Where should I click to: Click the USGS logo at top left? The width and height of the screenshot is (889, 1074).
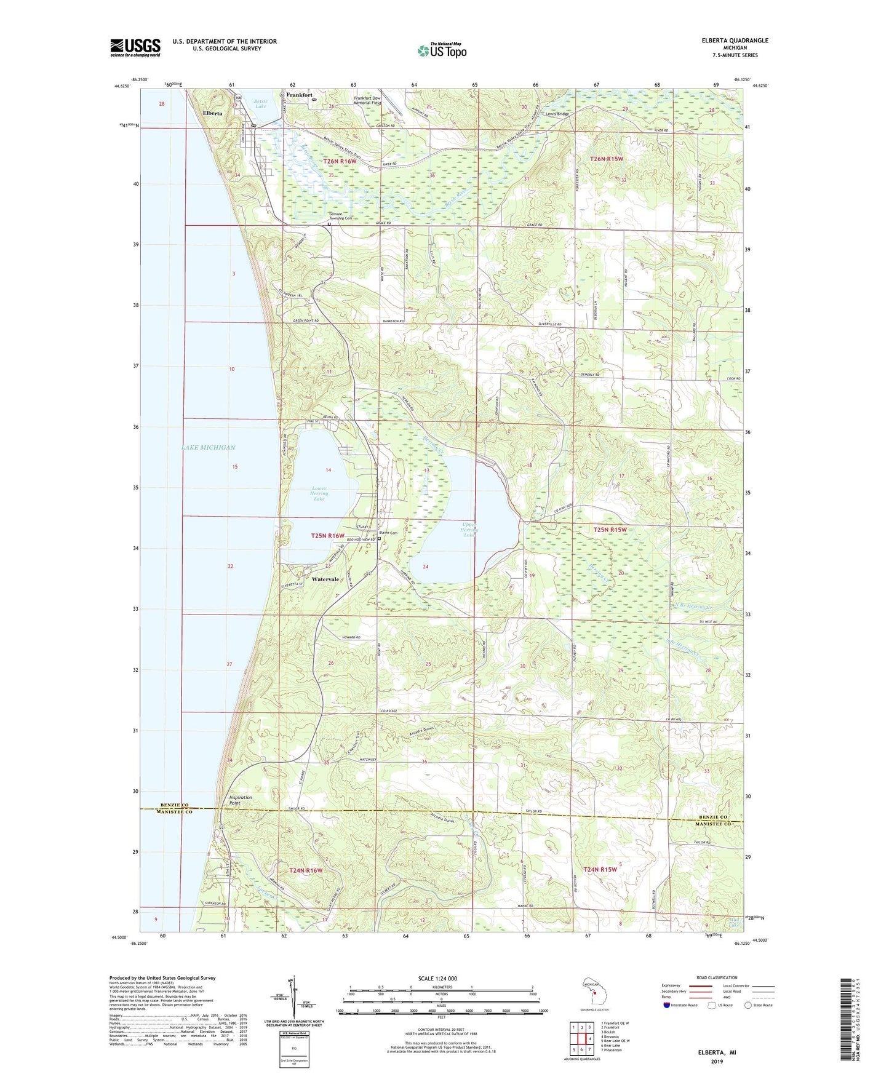[x=135, y=47]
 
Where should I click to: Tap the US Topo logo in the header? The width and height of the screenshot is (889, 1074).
[x=442, y=50]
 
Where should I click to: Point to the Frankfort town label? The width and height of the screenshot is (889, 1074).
[x=300, y=95]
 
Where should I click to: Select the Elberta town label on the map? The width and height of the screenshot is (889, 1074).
[x=213, y=113]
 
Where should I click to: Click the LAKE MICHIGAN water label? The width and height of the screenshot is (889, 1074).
[x=209, y=447]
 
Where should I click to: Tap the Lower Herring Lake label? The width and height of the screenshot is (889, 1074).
[x=319, y=493]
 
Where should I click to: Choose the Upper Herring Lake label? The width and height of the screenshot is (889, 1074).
[x=469, y=530]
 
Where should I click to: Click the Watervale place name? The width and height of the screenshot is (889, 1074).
[x=325, y=579]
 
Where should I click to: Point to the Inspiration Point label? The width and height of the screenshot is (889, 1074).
[x=241, y=800]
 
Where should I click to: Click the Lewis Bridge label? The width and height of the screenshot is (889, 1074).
[x=557, y=114]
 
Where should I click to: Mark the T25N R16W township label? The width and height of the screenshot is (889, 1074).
[x=327, y=536]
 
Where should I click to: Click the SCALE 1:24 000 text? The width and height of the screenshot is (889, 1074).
[x=437, y=978]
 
